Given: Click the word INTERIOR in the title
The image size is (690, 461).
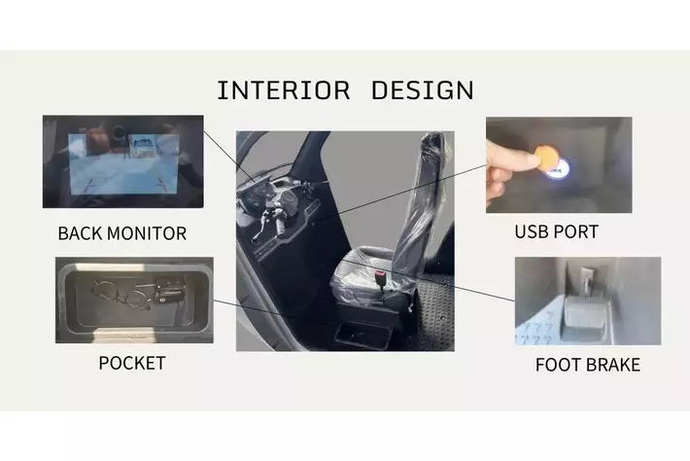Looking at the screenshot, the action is point(284,90).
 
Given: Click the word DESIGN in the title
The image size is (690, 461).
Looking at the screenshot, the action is point(423,90).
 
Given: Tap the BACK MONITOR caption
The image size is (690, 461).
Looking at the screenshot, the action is point(122,233).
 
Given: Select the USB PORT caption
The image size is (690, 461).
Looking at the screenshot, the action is point(557,232).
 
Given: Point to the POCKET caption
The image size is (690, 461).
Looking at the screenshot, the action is point(132,363).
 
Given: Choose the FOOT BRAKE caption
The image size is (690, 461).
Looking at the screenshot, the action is point(588,365).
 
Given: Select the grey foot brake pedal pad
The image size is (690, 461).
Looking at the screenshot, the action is point(584,312).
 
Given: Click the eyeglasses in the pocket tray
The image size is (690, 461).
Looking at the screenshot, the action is point(121,295).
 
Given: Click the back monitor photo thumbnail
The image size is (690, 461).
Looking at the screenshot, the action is point(123,161).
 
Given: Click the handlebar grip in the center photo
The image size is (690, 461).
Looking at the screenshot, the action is point(280,225).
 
